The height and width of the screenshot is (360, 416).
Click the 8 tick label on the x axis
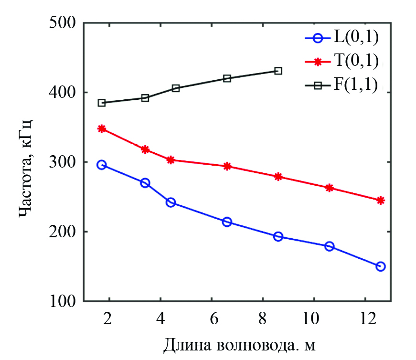[x=262, y=318]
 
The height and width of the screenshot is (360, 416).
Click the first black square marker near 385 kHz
[x=102, y=103]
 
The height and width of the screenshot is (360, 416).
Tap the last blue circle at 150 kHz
[x=381, y=266]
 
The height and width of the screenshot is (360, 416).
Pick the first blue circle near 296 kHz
[x=101, y=165]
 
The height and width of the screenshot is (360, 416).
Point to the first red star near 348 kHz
[x=102, y=129]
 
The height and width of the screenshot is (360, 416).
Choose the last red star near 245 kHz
[x=381, y=201]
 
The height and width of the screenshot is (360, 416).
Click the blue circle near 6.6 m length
[x=227, y=222]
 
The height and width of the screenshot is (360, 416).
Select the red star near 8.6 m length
[x=278, y=177]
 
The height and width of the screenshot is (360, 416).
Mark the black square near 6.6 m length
[x=227, y=78]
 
